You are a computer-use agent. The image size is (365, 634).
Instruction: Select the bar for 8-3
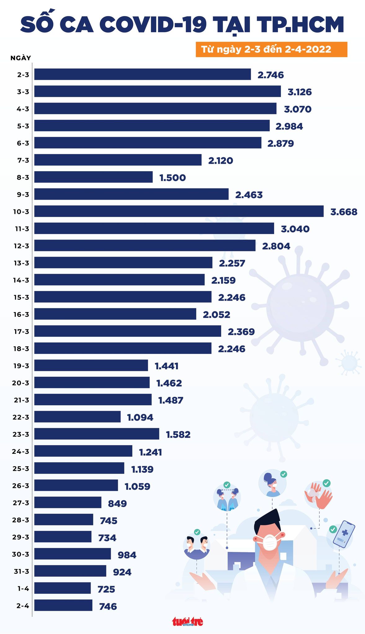pyautogui.click(x=93, y=177)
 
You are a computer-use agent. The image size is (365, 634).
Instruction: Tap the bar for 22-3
pyautogui.click(x=77, y=417)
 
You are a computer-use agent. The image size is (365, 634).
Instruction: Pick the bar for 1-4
pyautogui.click(x=62, y=588)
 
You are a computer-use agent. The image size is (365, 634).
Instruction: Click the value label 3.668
pyautogui.click(x=344, y=212)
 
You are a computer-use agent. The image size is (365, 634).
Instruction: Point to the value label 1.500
pyautogui.click(x=172, y=178)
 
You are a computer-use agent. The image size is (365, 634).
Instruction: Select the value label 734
pyautogui.click(x=107, y=538)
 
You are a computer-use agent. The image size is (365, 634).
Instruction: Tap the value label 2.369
pyautogui.click(x=241, y=332)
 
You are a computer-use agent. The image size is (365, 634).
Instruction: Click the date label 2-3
pyautogui.click(x=23, y=75)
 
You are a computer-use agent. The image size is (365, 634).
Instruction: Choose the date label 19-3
pyautogui.click(x=21, y=366)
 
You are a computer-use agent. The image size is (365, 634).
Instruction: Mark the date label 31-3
pyautogui.click(x=21, y=571)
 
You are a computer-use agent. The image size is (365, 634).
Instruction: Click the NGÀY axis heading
pyautogui.click(x=20, y=58)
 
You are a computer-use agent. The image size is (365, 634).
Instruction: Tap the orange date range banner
pyautogui.click(x=271, y=50)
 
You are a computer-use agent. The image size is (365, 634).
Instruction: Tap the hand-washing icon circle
pyautogui.click(x=318, y=495)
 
